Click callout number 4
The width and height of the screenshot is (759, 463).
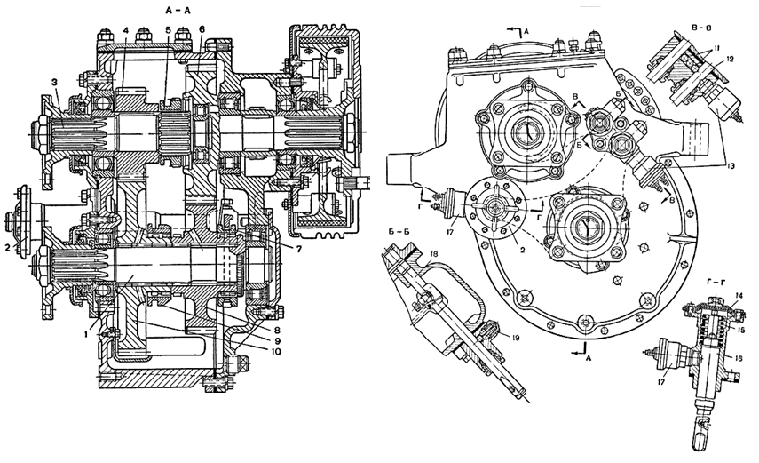125,30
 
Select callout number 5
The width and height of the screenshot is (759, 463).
168,30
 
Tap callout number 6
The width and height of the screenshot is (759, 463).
202,29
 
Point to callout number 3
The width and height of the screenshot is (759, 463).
55,83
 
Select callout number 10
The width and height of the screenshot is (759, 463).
275,352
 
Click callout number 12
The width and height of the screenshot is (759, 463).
730,60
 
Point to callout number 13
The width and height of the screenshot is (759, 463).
730,166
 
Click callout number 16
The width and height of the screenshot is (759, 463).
739,359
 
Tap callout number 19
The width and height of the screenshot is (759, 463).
514,338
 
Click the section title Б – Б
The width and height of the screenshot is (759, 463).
399,231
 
